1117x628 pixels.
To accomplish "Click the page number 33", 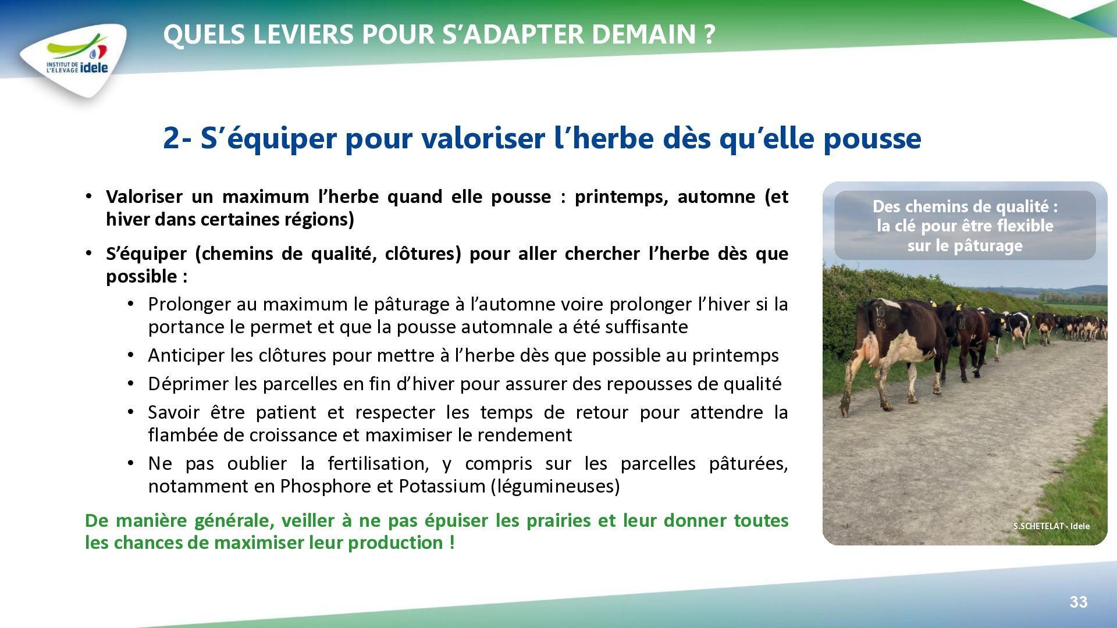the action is tap(1078, 602).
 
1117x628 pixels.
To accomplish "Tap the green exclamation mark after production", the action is tap(452, 543).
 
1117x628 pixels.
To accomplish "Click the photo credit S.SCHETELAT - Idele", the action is tap(1051, 526).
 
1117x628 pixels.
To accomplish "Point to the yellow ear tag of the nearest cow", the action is tap(933, 304).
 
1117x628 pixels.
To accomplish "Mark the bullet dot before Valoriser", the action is tap(88, 196).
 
